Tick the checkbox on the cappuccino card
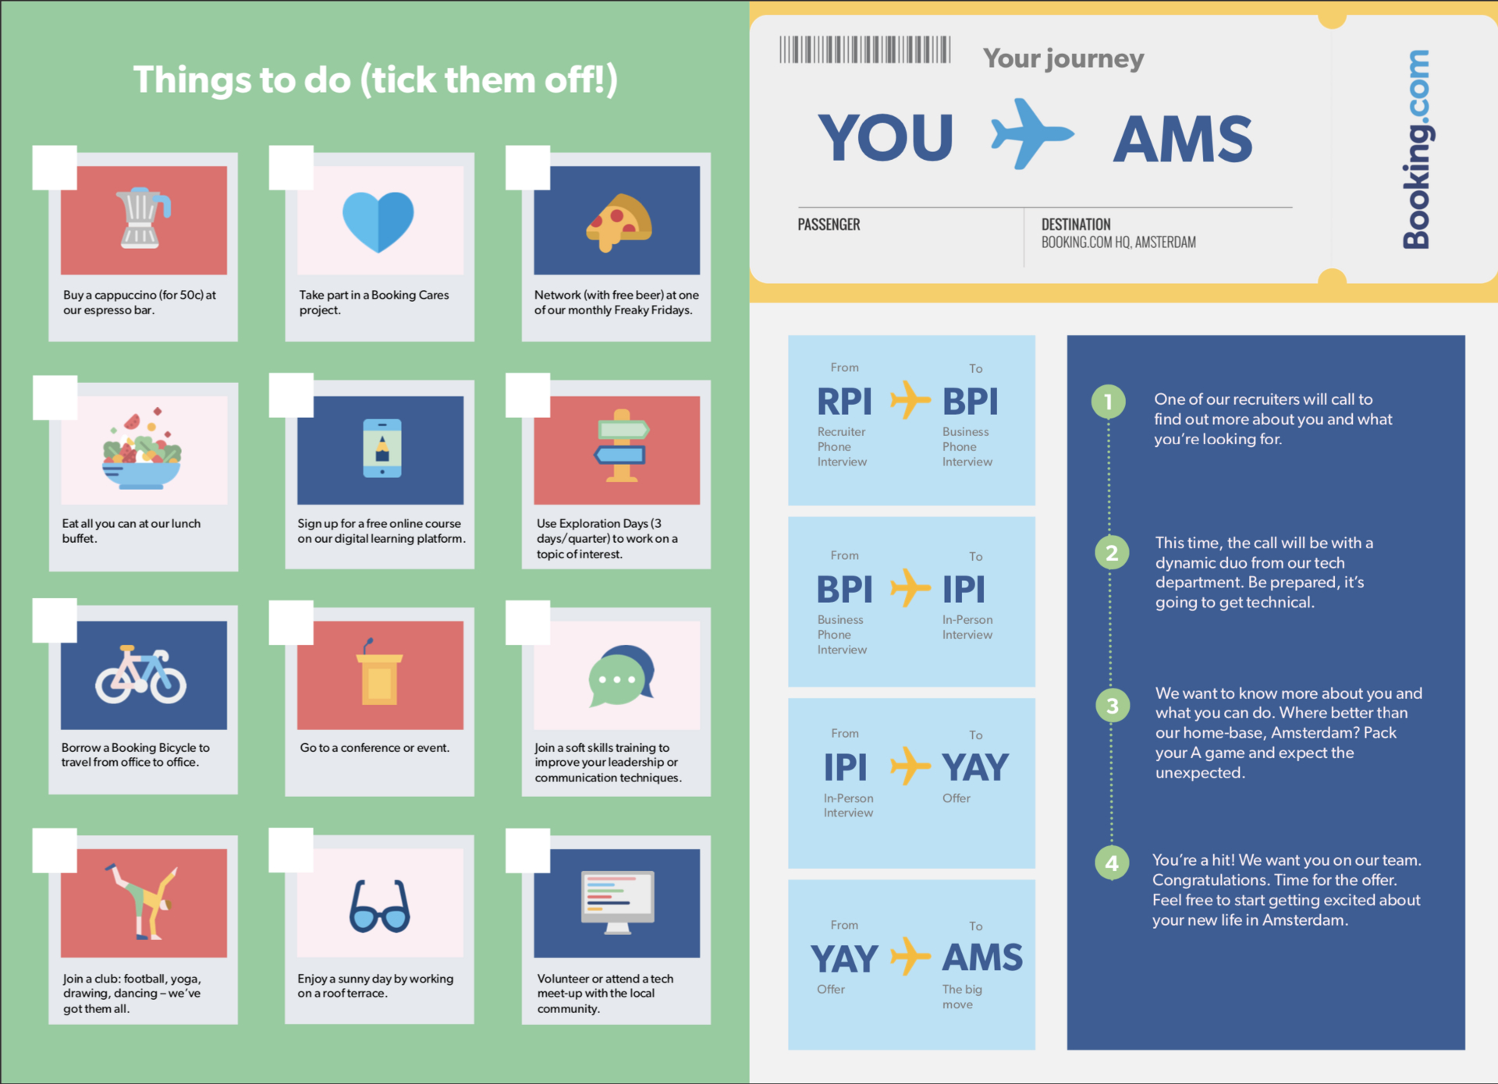click(55, 168)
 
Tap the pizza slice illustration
click(619, 223)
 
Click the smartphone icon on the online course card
click(382, 448)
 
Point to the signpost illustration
click(621, 445)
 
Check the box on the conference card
click(291, 622)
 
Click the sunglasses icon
click(380, 906)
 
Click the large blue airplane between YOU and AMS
click(1031, 134)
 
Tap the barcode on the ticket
click(864, 49)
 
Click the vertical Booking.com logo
click(1416, 149)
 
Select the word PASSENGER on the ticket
click(829, 225)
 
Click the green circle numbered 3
click(1113, 706)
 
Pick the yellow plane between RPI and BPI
click(911, 400)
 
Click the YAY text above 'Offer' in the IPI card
click(975, 767)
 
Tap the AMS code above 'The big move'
click(982, 958)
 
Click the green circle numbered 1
click(1108, 402)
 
